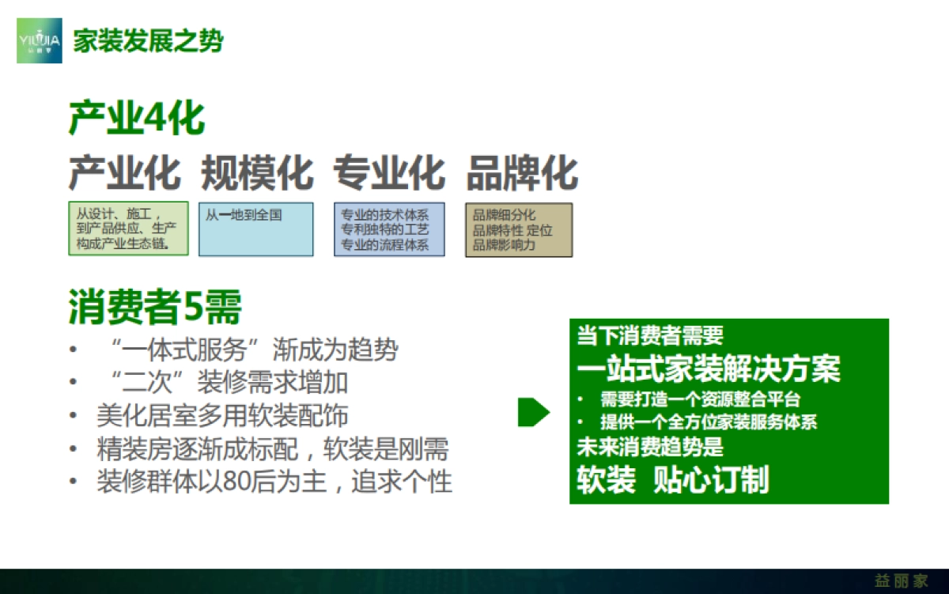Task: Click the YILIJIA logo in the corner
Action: click(x=39, y=40)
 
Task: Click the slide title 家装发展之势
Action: click(x=148, y=40)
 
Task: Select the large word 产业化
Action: click(x=125, y=172)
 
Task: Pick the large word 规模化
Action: click(x=257, y=172)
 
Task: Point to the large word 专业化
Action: click(x=389, y=172)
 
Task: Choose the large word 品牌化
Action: click(x=522, y=172)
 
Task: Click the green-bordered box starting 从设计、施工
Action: click(x=128, y=229)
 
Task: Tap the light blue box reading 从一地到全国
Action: click(x=255, y=229)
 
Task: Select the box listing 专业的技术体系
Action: click(x=389, y=229)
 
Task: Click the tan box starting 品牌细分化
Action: click(x=518, y=229)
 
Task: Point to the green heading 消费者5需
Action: click(x=155, y=307)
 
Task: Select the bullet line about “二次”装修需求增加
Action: click(x=224, y=383)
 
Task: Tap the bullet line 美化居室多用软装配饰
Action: click(x=222, y=416)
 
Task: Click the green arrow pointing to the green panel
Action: click(x=533, y=412)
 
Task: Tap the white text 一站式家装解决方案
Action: click(x=709, y=369)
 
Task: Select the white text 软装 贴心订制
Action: click(x=673, y=480)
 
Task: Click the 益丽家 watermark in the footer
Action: click(x=902, y=581)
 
